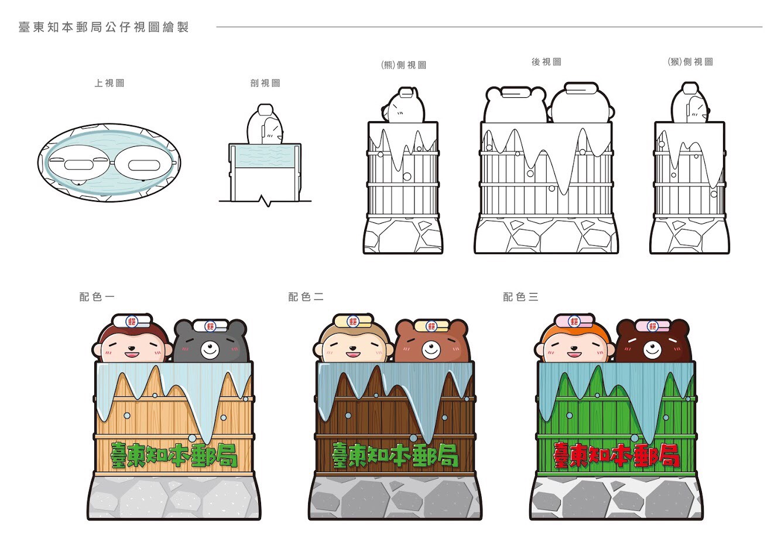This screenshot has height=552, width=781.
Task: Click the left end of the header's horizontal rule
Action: click(217, 26)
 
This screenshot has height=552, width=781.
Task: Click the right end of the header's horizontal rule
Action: click(762, 26)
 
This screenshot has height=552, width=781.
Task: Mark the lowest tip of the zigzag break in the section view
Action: click(268, 207)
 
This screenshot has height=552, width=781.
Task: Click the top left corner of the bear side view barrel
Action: click(368, 122)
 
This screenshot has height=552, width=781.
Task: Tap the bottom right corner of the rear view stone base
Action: click(618, 253)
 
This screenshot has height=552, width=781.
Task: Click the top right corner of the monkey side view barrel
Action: click(724, 122)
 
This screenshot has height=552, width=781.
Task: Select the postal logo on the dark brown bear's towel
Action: click(652, 327)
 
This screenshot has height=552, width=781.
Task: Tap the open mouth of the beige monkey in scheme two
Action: click(353, 355)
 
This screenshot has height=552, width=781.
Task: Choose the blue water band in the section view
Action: click(265, 156)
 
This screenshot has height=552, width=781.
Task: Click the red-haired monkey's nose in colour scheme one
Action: click(131, 348)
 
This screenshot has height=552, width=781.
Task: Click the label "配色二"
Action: click(306, 297)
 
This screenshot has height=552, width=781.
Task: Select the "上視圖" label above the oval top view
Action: click(109, 83)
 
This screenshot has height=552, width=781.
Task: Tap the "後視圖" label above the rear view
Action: click(546, 62)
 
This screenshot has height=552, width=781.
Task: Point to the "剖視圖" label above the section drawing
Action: click(265, 83)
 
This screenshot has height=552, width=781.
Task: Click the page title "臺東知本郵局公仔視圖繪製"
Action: click(104, 27)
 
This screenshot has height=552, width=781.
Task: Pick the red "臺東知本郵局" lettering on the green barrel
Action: click(616, 455)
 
